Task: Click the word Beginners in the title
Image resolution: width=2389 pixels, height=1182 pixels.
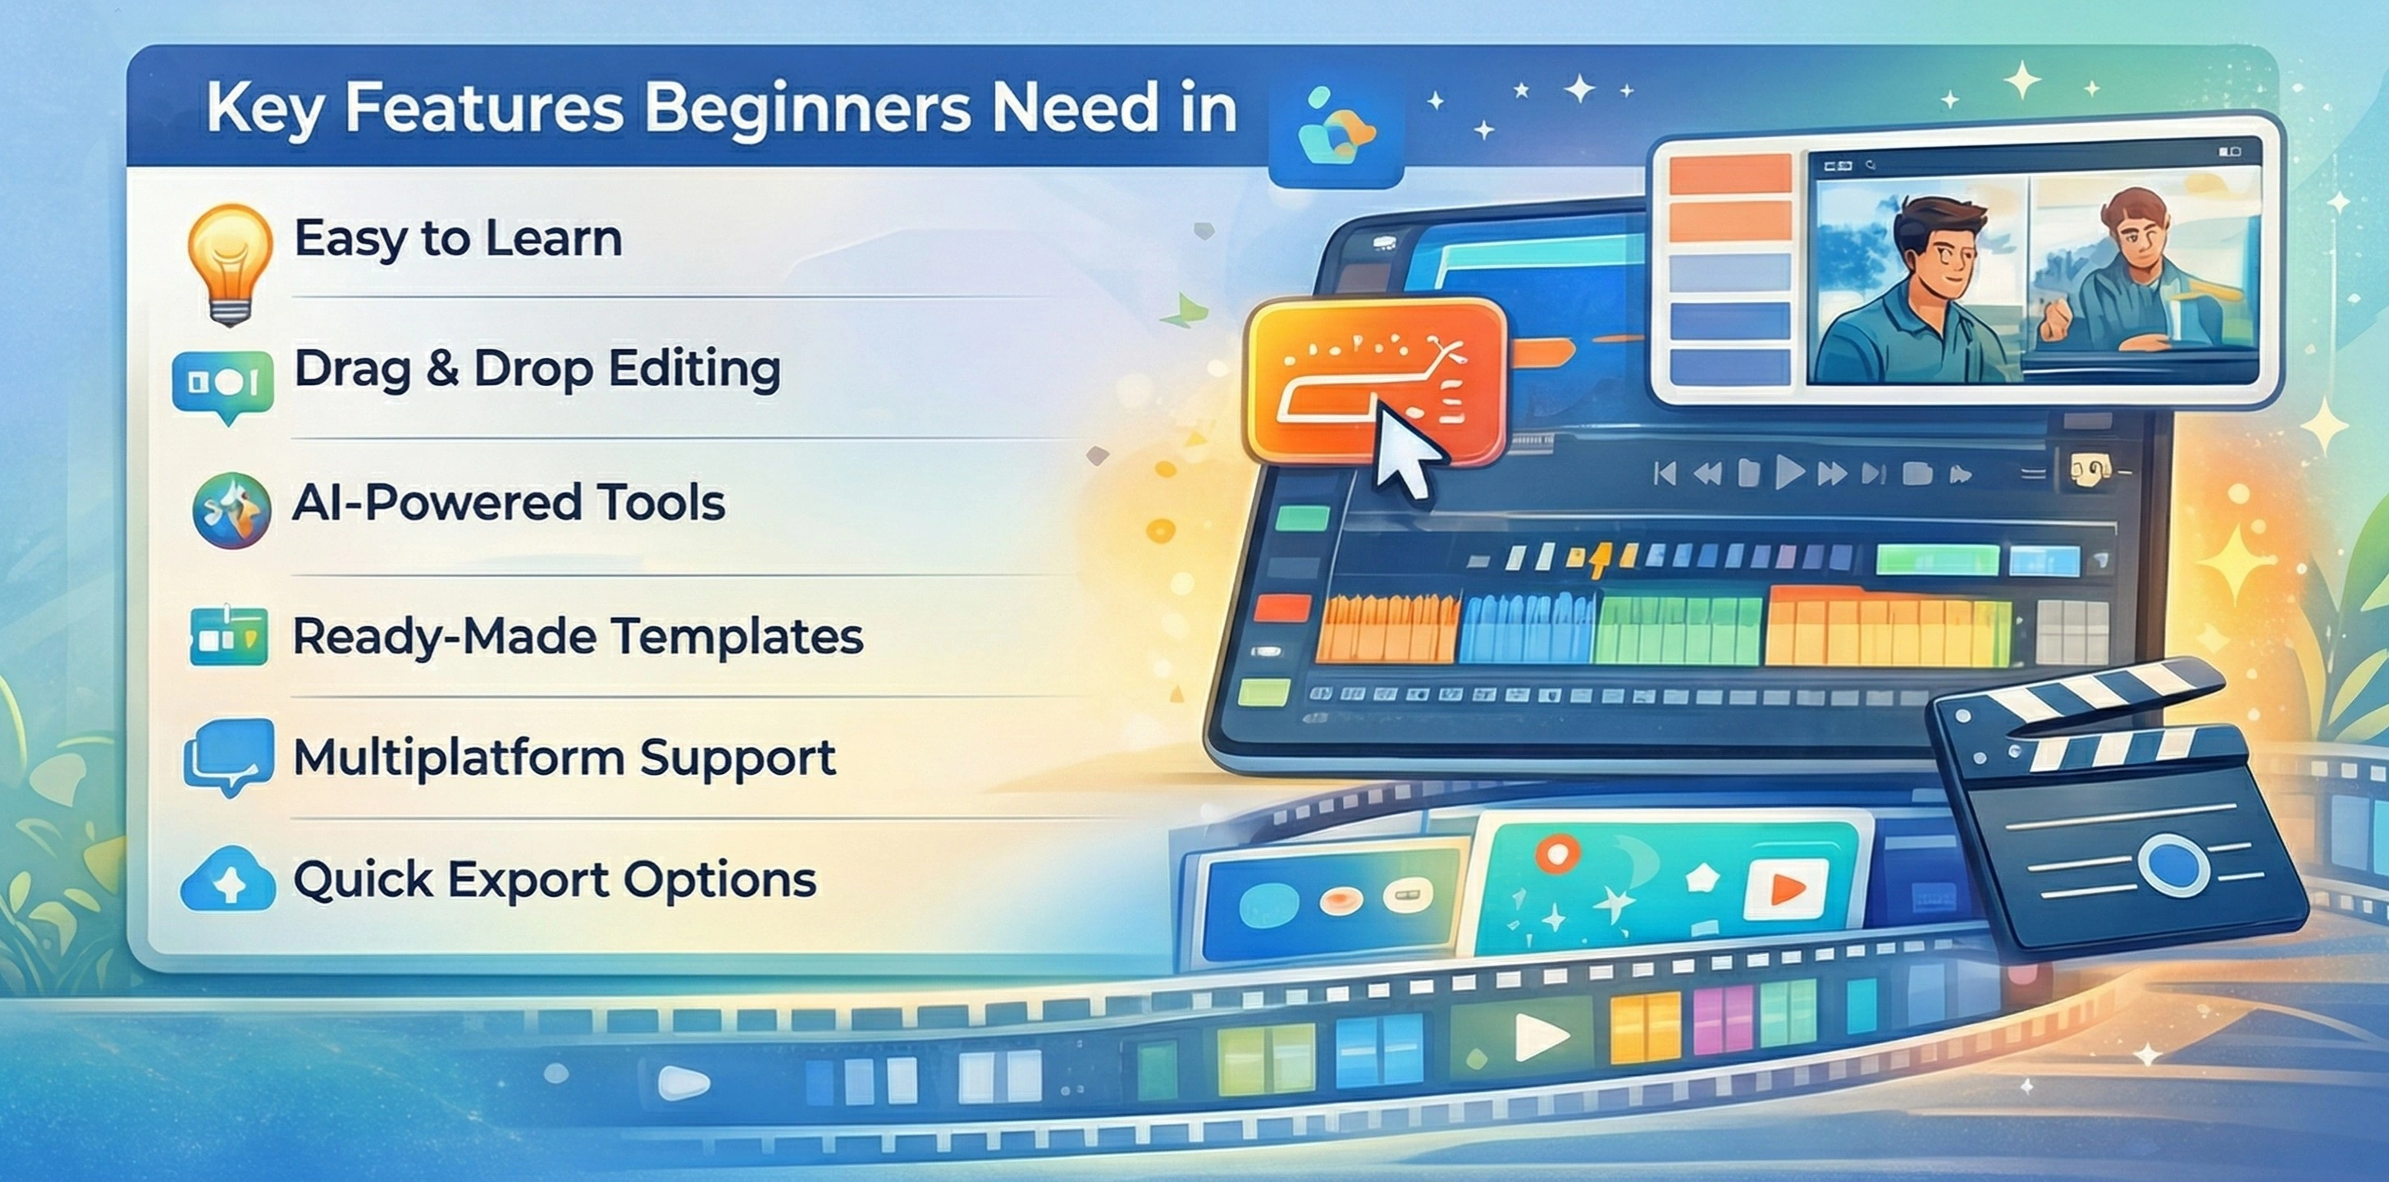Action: [806, 109]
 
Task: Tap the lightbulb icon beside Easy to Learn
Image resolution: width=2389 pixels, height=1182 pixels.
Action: [229, 259]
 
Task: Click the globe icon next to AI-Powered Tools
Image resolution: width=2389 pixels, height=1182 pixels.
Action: [231, 511]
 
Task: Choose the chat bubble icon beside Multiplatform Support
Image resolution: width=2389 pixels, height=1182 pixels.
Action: [228, 756]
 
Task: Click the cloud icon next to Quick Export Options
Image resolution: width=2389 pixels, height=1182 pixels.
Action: [228, 880]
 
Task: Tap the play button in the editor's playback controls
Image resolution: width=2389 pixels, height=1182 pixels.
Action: [1789, 473]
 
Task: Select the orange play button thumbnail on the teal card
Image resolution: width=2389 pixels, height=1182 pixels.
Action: [1785, 889]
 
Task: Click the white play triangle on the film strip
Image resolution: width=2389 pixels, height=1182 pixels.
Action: [1540, 1037]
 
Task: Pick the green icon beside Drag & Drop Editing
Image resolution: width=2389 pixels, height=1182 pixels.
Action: [223, 383]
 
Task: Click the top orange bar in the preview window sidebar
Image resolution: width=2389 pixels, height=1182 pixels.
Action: [1729, 174]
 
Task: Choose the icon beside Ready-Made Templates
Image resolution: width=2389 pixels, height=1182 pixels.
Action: [228, 636]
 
